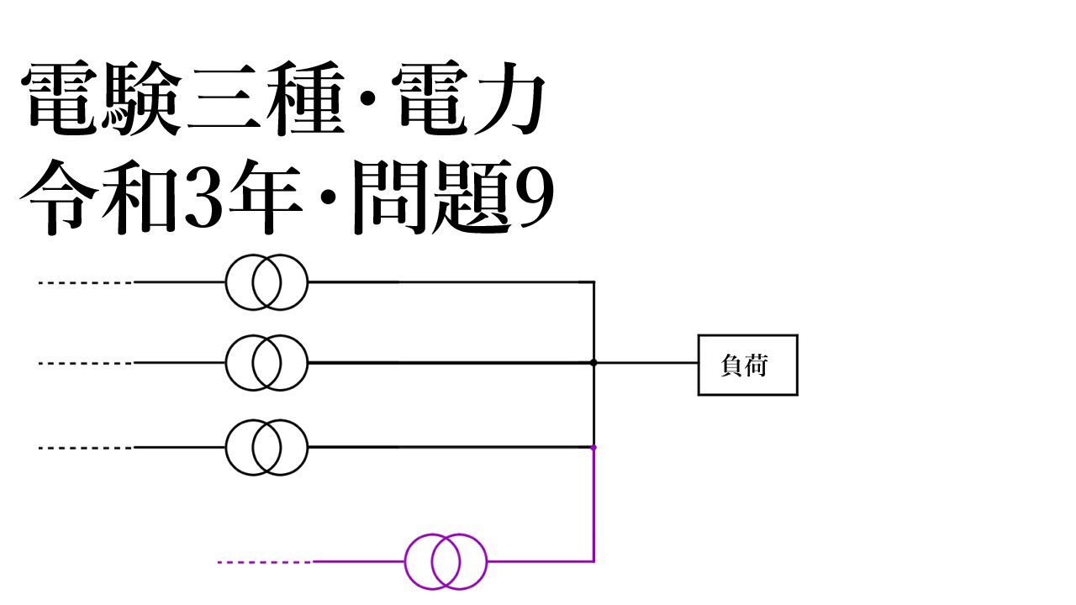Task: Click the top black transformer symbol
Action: [266, 283]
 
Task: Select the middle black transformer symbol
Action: [266, 363]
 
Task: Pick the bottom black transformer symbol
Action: [266, 448]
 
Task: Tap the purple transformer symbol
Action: [446, 561]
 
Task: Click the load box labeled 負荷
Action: [747, 365]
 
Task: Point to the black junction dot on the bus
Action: [593, 363]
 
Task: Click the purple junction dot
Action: [593, 448]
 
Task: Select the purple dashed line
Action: [264, 561]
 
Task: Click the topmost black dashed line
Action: [84, 283]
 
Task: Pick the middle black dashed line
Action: [84, 363]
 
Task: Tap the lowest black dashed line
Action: [84, 448]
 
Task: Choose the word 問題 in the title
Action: [425, 200]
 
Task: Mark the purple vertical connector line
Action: [593, 504]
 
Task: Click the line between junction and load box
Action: [647, 363]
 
